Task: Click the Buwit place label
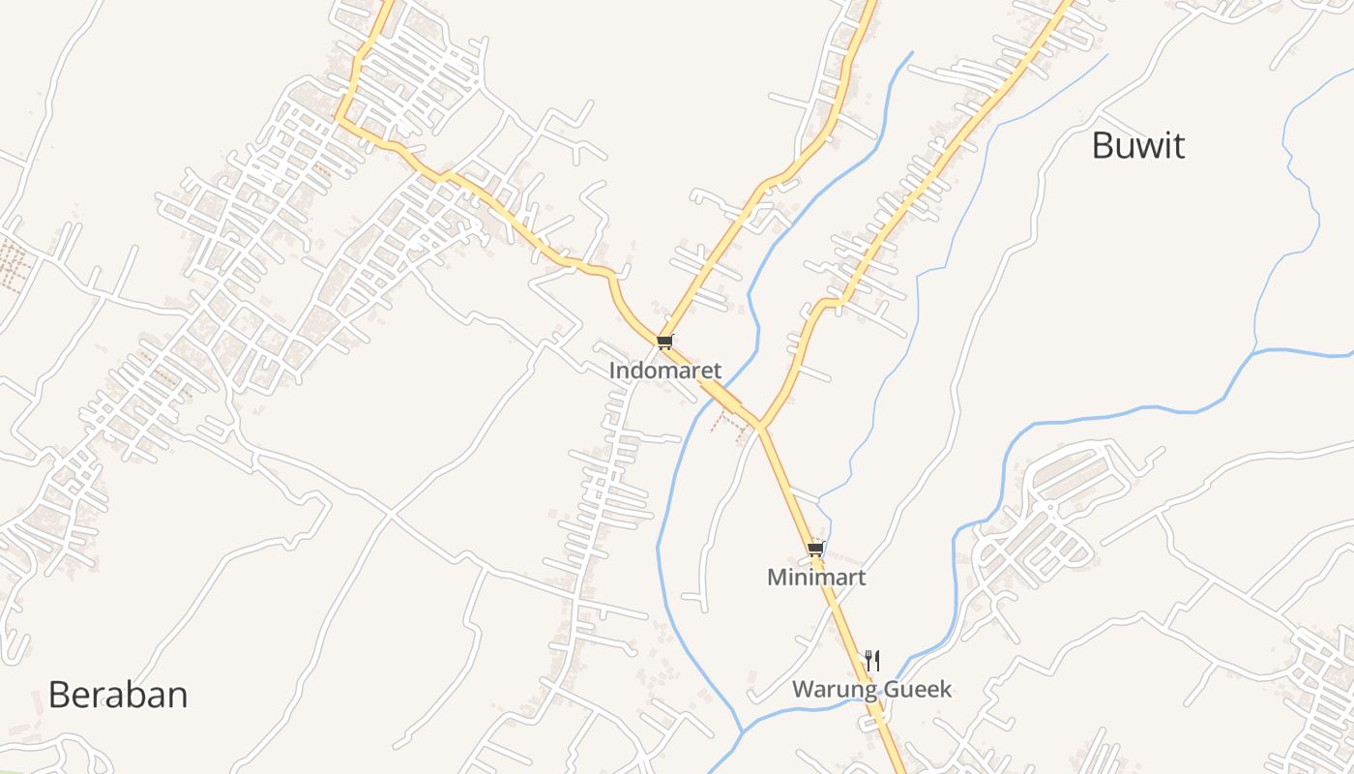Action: tap(1138, 146)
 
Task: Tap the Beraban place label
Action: tap(118, 695)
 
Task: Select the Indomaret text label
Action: tap(665, 371)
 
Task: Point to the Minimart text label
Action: tap(816, 578)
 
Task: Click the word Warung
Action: tap(827, 690)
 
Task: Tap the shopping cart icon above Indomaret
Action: tap(664, 342)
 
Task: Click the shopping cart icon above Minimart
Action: tap(815, 549)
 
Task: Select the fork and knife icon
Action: tap(872, 661)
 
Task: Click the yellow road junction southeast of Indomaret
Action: tap(761, 426)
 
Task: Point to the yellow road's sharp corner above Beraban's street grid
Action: tap(338, 120)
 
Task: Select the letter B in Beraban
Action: tap(58, 695)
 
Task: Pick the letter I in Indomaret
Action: tap(612, 371)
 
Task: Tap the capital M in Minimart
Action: tap(776, 578)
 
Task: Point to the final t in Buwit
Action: tap(1178, 146)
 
